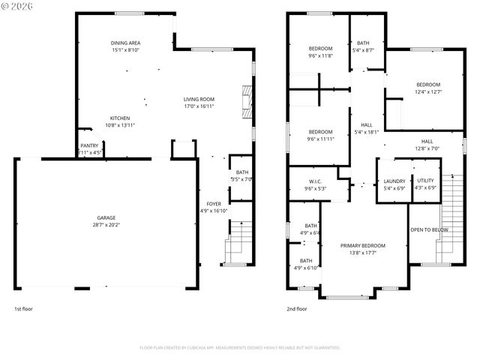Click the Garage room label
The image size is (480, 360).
coord(105,217)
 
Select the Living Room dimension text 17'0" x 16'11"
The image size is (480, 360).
coord(199,106)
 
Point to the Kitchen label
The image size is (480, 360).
coord(121,118)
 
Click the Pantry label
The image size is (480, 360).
coord(89,145)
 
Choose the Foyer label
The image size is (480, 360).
coord(214,203)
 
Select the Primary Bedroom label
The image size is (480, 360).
coord(362,246)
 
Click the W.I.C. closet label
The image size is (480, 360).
coord(315,181)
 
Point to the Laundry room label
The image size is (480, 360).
coord(394,181)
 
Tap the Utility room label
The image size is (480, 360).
coord(425,181)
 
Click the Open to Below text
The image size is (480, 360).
coord(429,229)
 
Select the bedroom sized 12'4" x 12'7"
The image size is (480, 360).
coord(428,85)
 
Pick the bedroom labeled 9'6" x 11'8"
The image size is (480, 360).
coord(320,48)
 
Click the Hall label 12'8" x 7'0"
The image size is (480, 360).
coord(427,141)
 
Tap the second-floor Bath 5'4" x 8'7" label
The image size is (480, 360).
coord(363,43)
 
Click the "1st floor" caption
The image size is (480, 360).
coord(23,308)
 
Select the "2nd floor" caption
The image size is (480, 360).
coord(296,308)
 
